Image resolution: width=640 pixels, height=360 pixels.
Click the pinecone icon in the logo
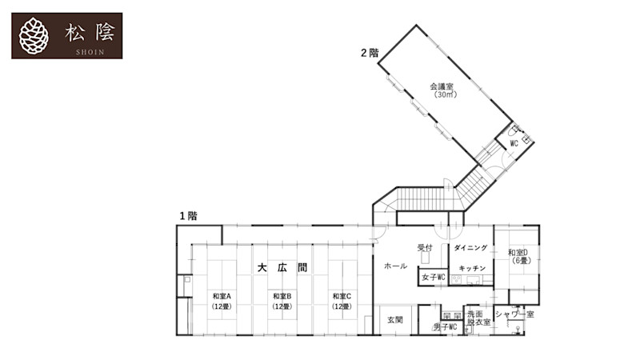click(x=34, y=35)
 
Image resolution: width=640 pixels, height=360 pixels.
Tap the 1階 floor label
click(x=188, y=216)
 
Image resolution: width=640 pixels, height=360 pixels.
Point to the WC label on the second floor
click(x=514, y=143)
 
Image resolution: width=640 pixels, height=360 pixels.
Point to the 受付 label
click(x=424, y=248)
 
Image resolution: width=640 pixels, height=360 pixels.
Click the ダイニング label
click(x=471, y=249)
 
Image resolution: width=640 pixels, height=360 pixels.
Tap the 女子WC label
click(x=433, y=277)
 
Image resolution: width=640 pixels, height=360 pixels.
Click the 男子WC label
click(x=445, y=327)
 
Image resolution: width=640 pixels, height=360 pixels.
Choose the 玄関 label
click(x=395, y=320)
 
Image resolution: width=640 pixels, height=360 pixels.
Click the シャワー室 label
click(x=514, y=314)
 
